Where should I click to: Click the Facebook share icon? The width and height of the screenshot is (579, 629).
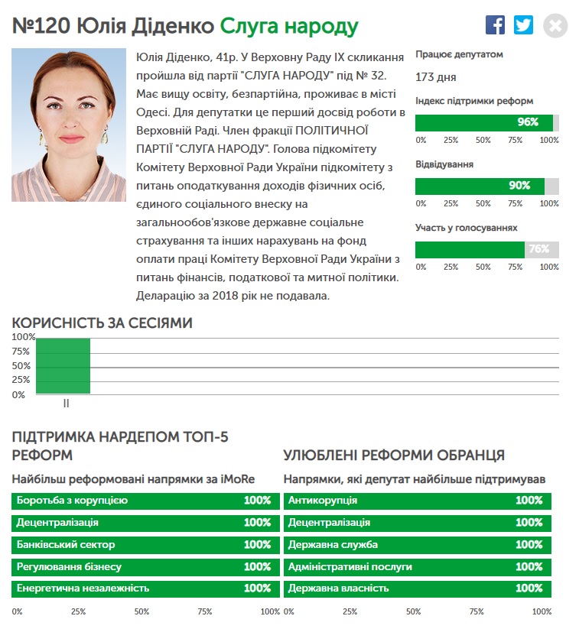pos(495,25)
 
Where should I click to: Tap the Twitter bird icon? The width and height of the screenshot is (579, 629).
pos(524,25)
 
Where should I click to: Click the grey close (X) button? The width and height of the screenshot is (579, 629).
pos(555,26)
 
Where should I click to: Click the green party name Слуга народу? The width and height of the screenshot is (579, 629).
pos(289,27)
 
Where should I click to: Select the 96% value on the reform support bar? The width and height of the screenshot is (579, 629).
pos(529,122)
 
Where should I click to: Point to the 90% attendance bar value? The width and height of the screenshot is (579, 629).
pos(519,186)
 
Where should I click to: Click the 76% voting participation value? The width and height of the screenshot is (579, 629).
pos(539,249)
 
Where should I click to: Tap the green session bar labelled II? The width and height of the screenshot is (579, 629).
pos(63,365)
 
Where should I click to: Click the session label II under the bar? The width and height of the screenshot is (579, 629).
pos(66,403)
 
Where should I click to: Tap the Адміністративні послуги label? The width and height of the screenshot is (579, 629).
pos(350,567)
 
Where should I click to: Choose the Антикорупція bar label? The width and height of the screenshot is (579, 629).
pos(323,501)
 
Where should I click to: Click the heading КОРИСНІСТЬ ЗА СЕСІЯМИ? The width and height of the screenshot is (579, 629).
pos(102,323)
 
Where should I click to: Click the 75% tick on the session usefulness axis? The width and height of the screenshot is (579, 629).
pos(21,352)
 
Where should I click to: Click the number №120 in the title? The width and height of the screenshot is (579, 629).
pos(41,27)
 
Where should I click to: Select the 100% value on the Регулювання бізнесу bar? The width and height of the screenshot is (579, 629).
pos(257,567)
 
